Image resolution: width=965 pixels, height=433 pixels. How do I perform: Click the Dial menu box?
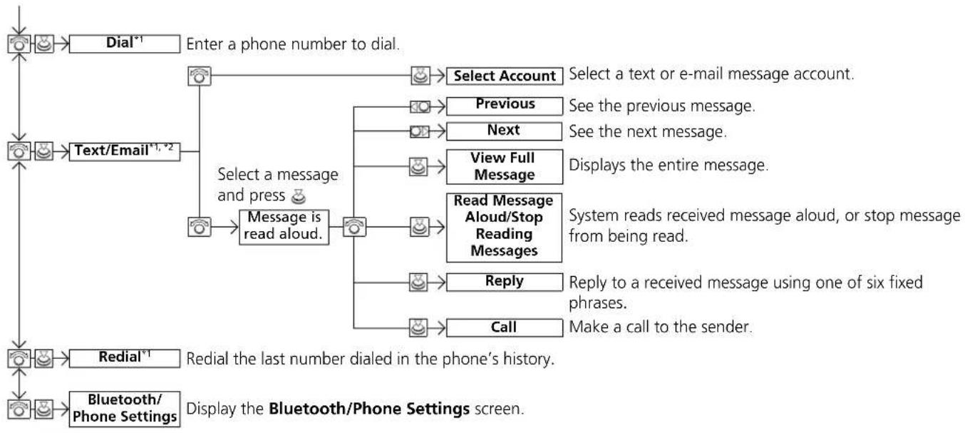[x=125, y=44]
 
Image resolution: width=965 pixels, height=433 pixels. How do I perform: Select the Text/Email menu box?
[x=125, y=151]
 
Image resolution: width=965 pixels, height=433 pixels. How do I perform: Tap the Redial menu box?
[x=125, y=358]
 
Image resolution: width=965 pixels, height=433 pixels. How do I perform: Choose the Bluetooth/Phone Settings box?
[x=125, y=409]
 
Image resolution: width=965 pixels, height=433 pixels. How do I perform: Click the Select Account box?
[x=505, y=76]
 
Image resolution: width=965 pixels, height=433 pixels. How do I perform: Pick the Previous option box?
[x=505, y=106]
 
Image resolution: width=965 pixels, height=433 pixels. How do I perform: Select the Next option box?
[x=504, y=131]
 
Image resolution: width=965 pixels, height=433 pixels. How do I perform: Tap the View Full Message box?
[x=505, y=166]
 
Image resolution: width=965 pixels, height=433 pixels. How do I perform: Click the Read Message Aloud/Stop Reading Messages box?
[x=504, y=228]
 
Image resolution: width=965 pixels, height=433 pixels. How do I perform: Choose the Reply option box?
[x=505, y=282]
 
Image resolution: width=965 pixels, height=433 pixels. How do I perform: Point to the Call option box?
[x=505, y=327]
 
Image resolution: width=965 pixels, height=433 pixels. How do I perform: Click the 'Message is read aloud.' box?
[x=284, y=228]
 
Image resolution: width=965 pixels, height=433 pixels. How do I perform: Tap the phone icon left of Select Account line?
[x=200, y=76]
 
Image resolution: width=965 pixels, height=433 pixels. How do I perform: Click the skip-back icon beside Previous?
[x=420, y=106]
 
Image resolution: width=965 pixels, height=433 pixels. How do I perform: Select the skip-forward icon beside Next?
[x=420, y=131]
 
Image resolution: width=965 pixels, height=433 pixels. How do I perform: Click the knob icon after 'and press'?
[x=299, y=197]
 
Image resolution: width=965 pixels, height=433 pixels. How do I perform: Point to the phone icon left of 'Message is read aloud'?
[x=200, y=227]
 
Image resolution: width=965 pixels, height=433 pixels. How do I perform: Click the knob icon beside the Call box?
[x=418, y=327]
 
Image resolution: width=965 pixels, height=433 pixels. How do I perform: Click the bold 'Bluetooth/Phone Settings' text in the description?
[x=369, y=409]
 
